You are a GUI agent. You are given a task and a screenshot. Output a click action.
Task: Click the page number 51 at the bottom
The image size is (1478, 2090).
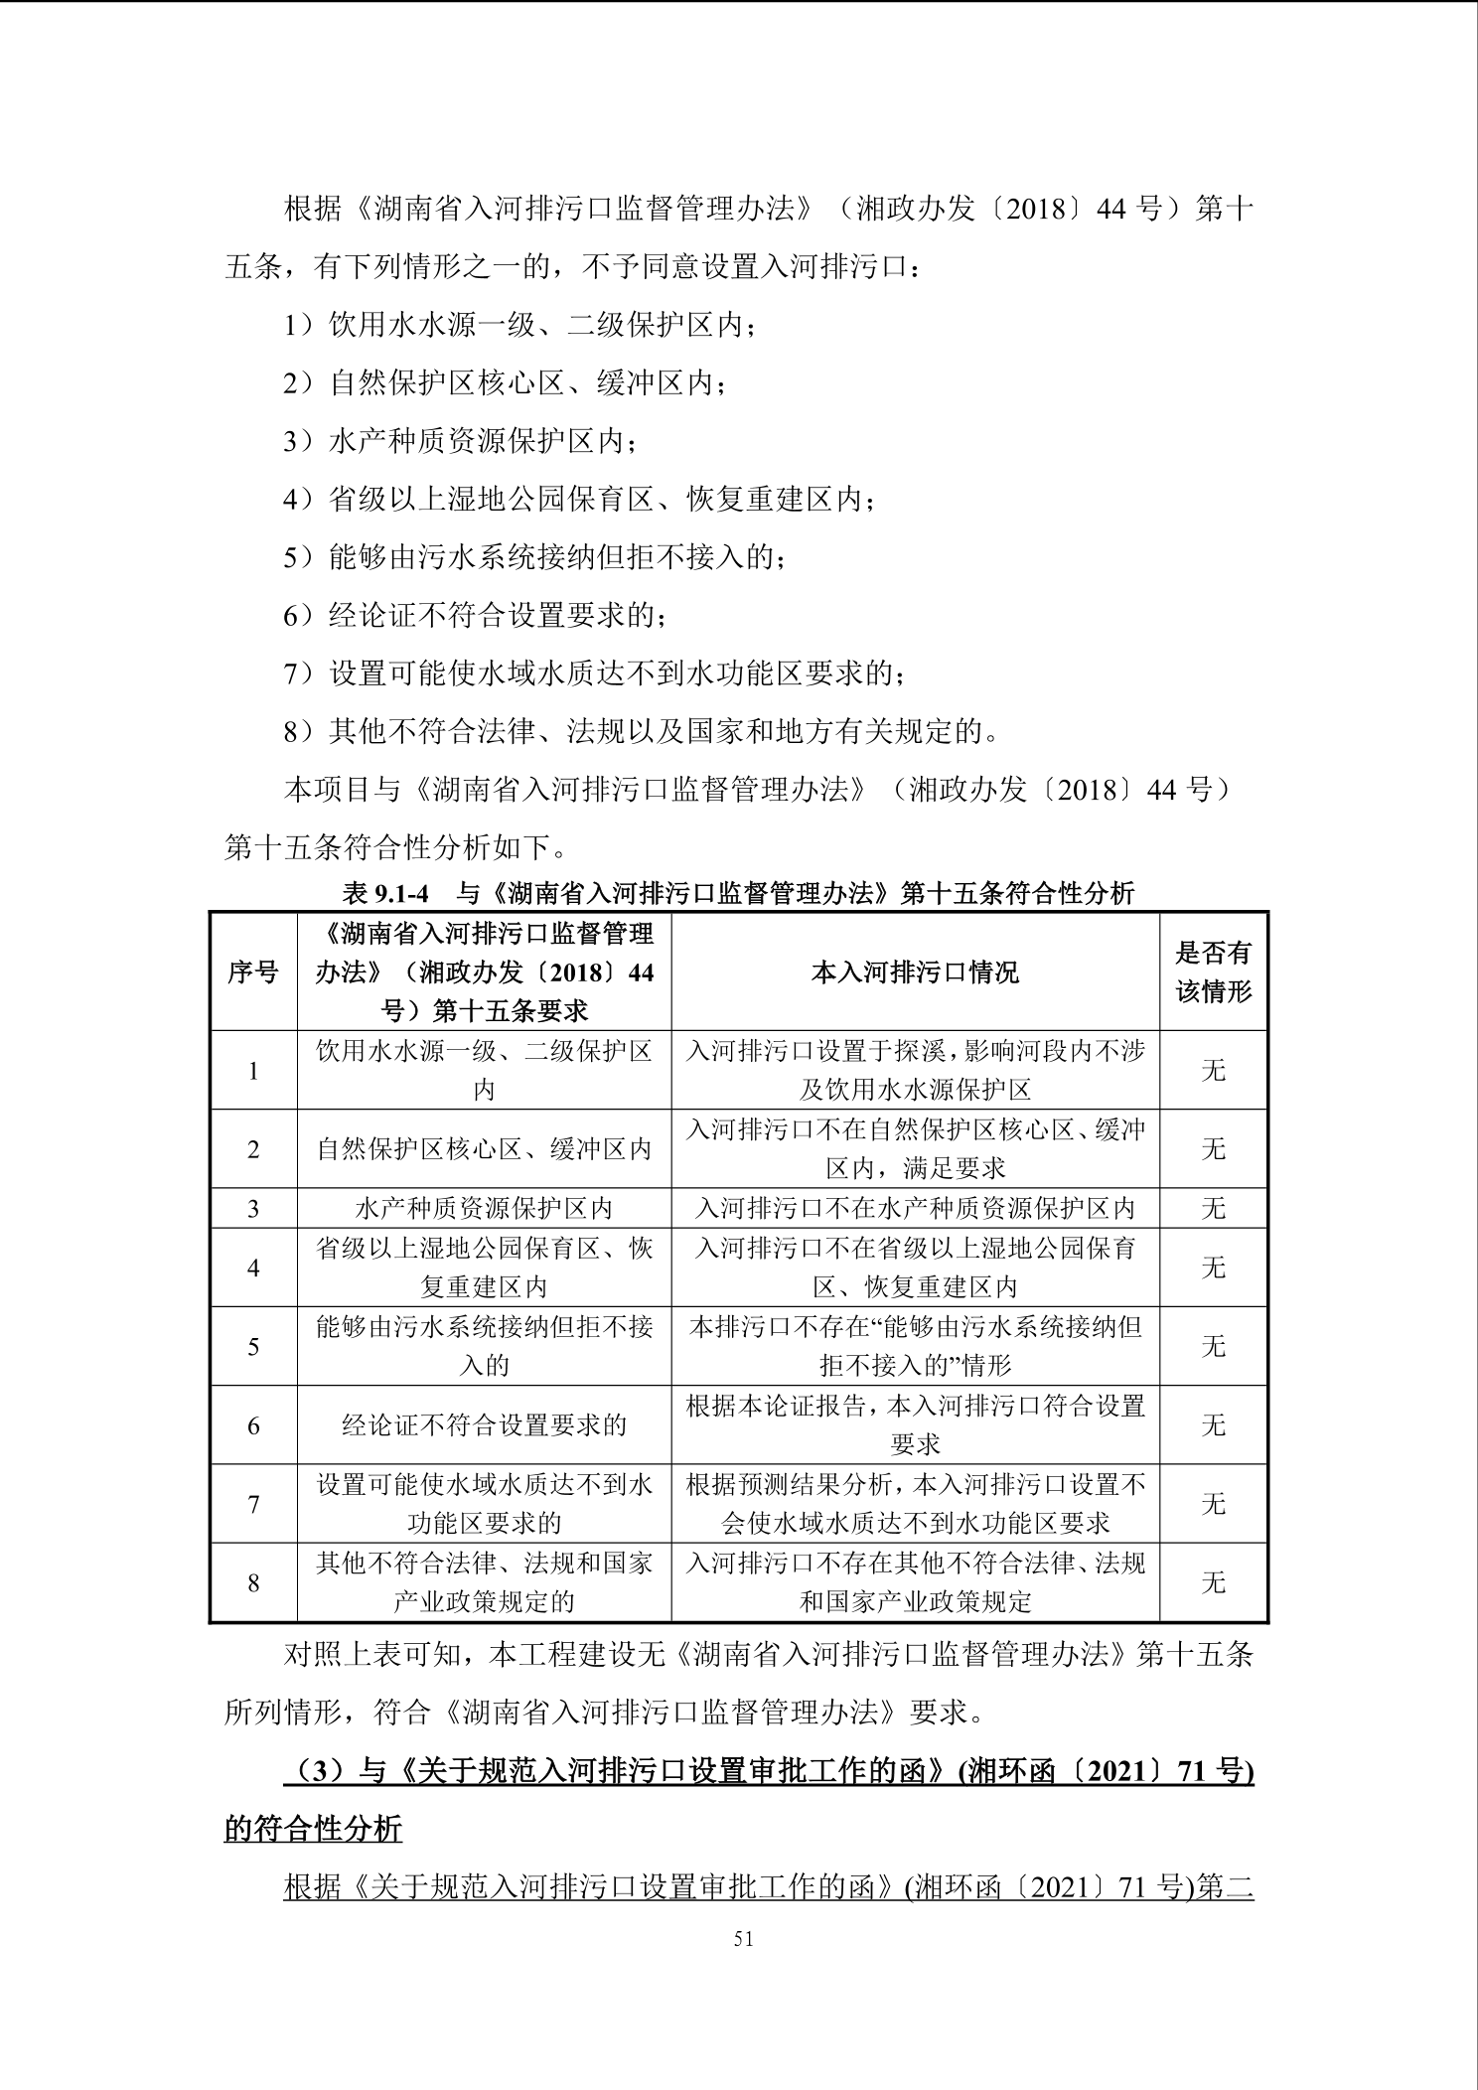[743, 1938]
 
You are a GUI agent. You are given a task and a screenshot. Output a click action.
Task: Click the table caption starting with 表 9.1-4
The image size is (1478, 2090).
[738, 893]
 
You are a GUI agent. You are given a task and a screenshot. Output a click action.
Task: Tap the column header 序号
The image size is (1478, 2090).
[253, 971]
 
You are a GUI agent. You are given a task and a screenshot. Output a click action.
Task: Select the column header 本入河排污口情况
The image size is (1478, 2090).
[915, 971]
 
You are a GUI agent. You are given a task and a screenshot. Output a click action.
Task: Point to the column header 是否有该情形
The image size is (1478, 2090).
[1213, 971]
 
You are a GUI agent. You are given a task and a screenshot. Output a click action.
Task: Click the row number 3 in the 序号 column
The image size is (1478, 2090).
[253, 1208]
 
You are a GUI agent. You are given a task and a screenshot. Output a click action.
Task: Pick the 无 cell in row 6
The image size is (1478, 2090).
[1213, 1424]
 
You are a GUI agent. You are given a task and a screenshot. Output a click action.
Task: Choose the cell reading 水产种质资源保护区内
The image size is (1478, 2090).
[484, 1208]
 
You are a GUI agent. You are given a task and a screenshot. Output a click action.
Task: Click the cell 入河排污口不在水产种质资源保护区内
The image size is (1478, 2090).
[915, 1208]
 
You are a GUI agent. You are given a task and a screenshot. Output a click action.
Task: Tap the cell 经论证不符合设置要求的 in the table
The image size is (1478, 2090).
[484, 1424]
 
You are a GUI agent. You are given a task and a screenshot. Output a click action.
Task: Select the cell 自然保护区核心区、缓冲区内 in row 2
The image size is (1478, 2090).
[484, 1149]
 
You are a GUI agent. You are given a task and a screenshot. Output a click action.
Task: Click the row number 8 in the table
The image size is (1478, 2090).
[253, 1582]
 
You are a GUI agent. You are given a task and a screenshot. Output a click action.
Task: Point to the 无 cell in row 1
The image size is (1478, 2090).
[1213, 1070]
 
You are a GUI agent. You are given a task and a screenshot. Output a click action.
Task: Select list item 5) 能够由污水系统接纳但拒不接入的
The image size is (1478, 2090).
[534, 557]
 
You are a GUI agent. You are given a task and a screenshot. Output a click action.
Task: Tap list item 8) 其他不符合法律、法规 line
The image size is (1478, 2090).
[641, 732]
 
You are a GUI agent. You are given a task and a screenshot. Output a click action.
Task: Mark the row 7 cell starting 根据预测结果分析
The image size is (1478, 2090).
[915, 1503]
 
